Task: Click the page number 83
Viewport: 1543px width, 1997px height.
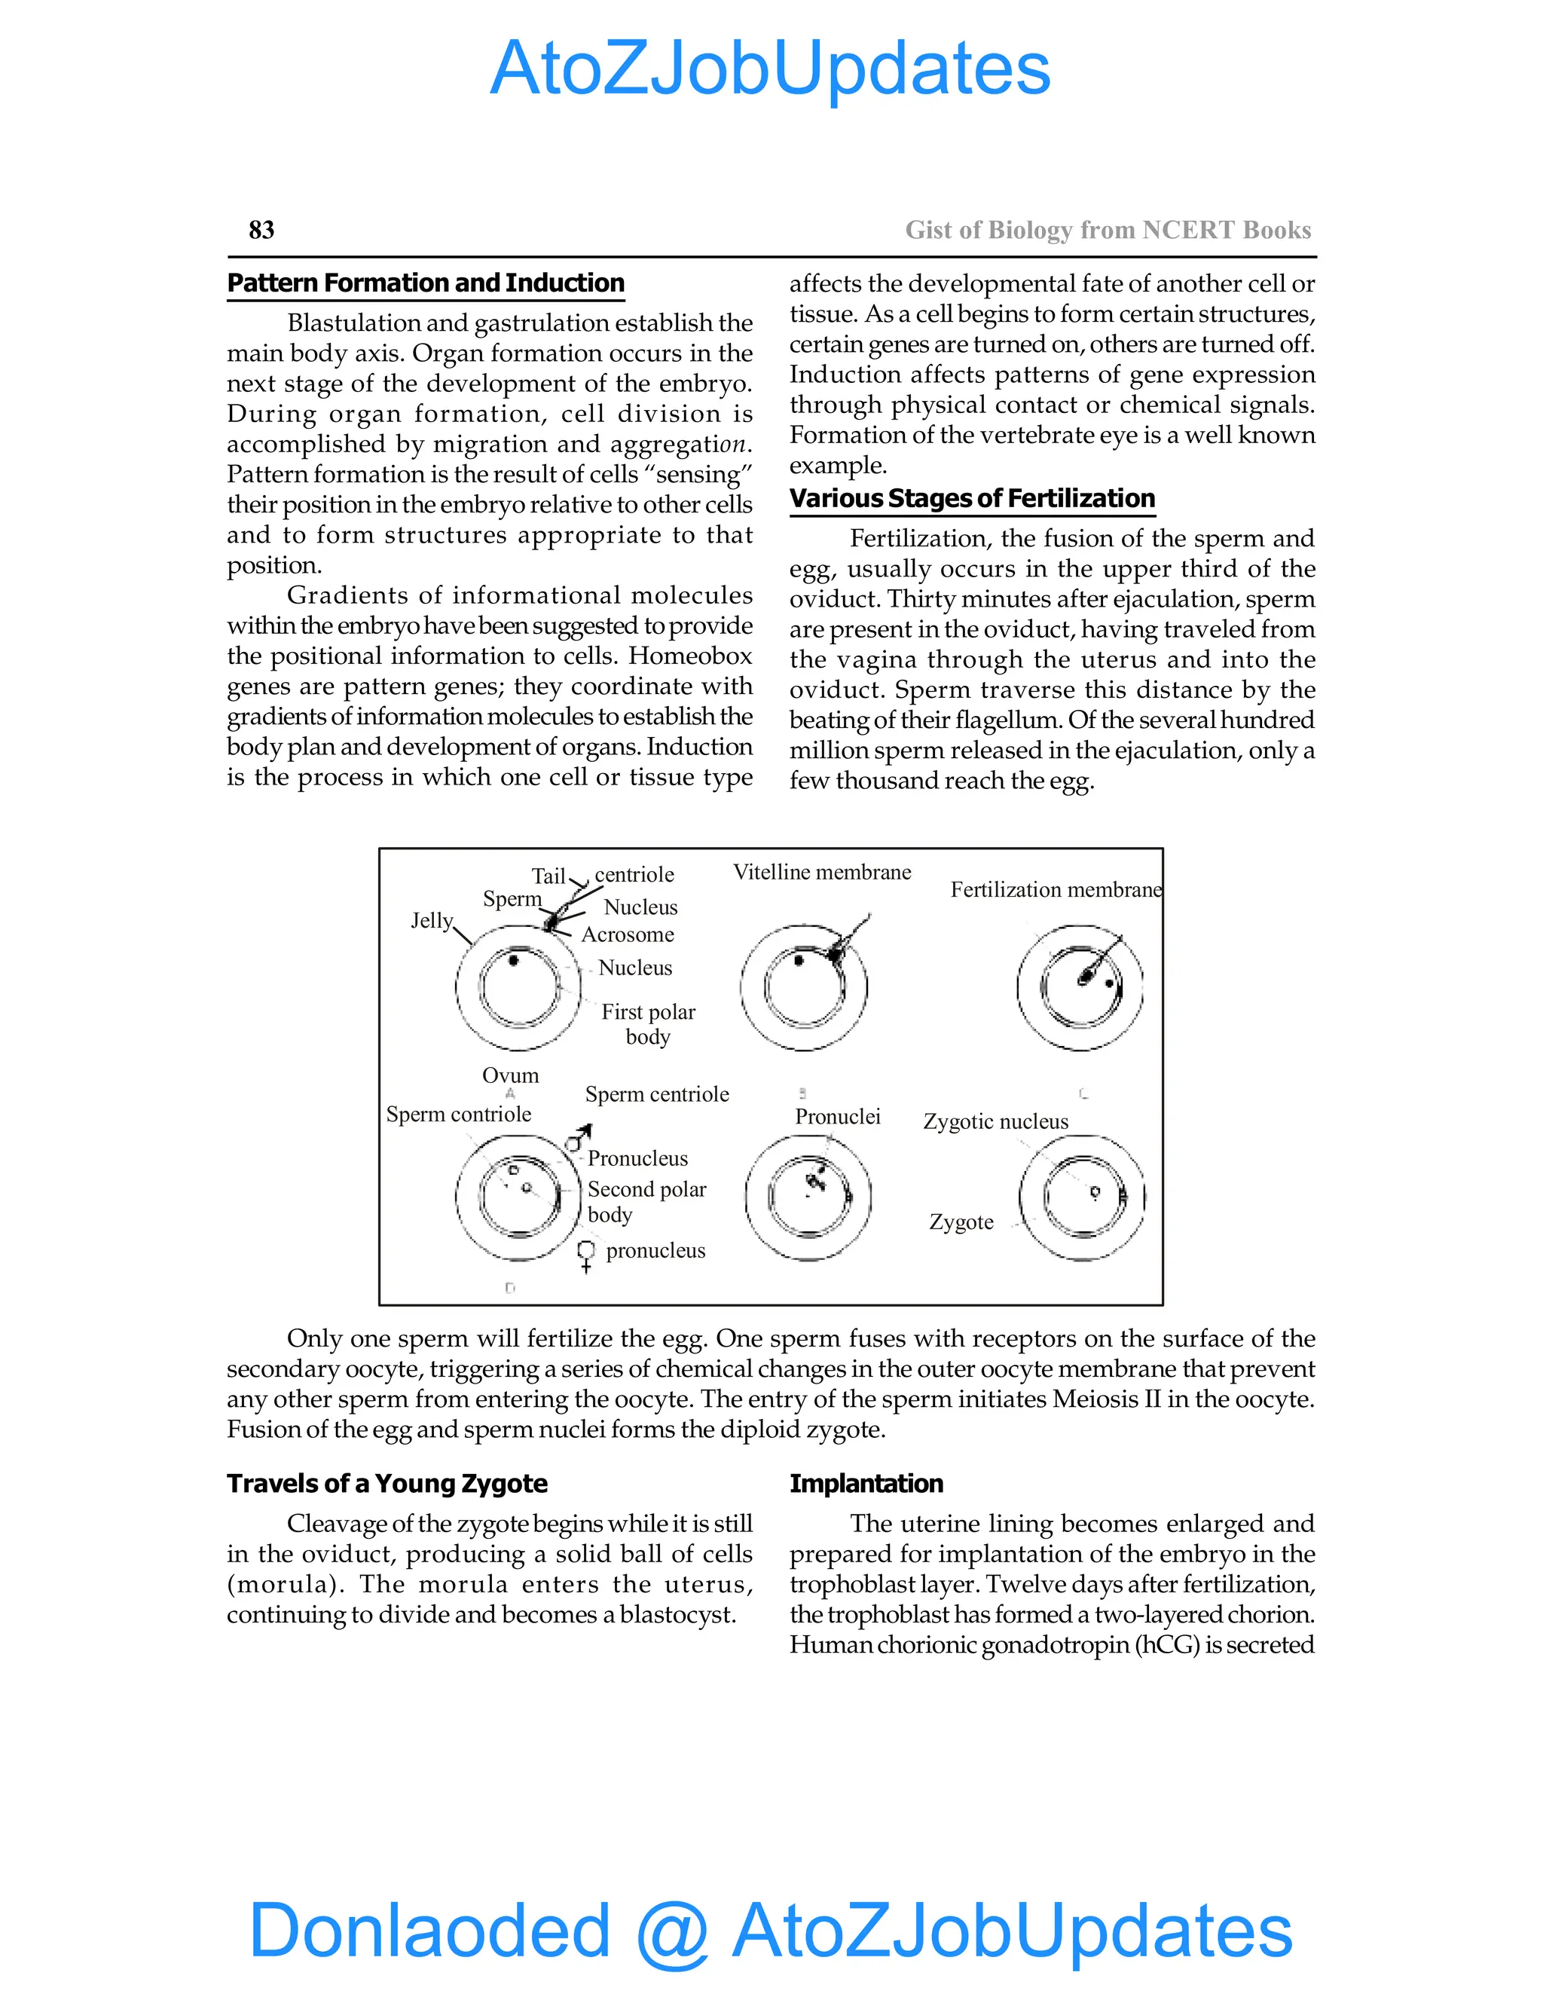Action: click(261, 230)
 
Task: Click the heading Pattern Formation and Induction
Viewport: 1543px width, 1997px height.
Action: click(425, 283)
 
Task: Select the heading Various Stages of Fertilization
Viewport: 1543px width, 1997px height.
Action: click(972, 498)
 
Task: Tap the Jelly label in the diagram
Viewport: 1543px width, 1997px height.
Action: click(432, 920)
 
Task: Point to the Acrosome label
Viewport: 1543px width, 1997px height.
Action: click(628, 934)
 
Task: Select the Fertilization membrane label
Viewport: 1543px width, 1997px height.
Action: click(1055, 890)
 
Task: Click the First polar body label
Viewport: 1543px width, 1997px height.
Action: click(648, 1024)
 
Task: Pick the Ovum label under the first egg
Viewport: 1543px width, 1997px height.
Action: click(510, 1075)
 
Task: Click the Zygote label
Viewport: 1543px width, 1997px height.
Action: click(961, 1222)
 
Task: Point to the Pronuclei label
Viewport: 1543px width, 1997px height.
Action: click(837, 1117)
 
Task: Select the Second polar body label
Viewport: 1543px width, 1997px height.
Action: click(646, 1201)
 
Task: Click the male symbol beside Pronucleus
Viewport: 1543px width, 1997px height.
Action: click(578, 1139)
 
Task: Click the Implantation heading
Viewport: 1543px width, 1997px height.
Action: click(866, 1483)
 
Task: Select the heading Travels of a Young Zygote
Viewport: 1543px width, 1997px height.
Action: click(387, 1483)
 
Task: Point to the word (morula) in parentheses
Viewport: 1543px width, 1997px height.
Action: click(283, 1584)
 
